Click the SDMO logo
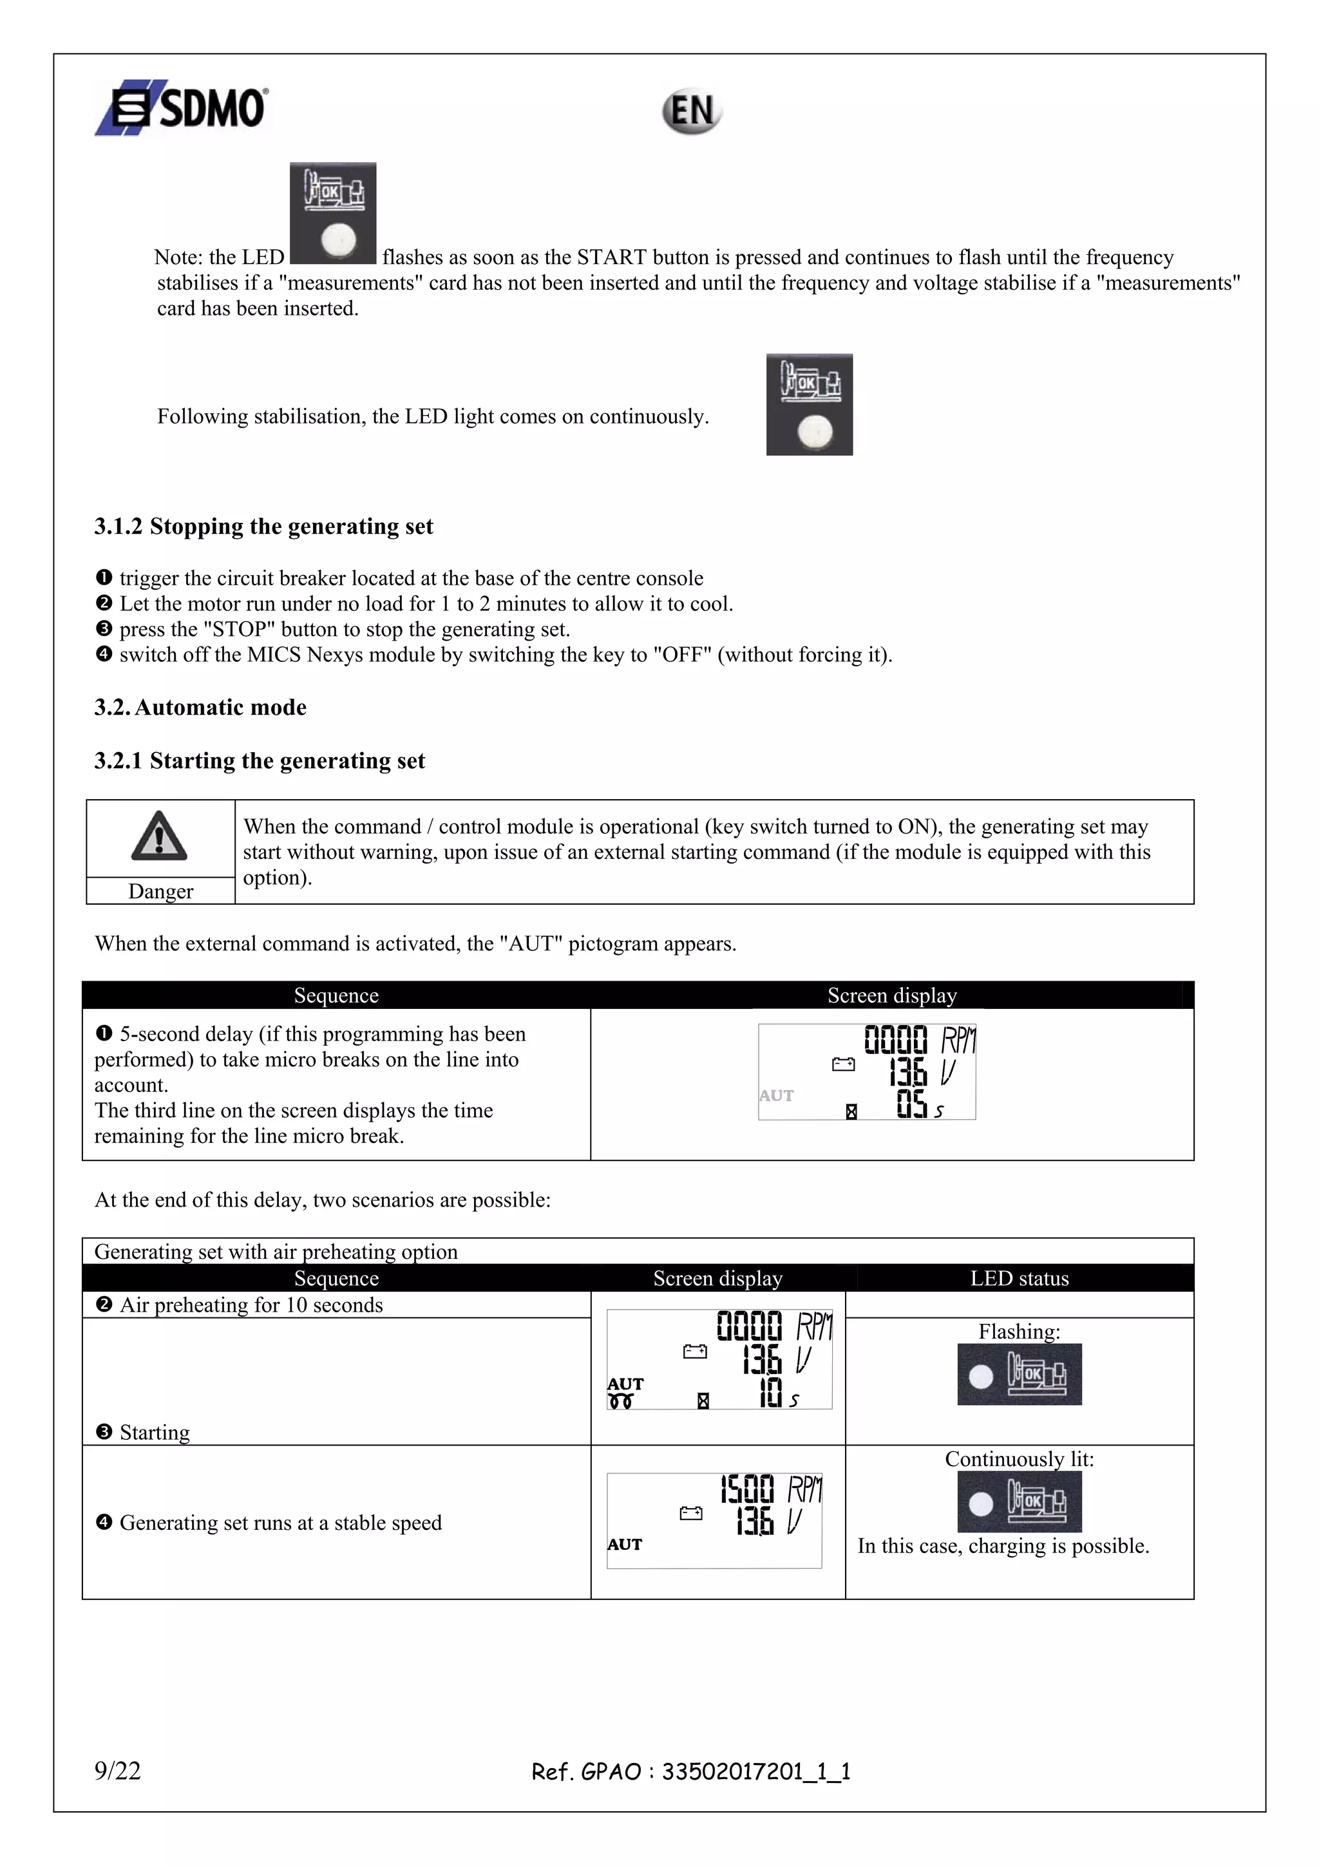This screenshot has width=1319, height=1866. tap(182, 108)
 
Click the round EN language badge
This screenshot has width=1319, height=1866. tap(691, 111)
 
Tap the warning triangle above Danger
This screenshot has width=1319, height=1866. tap(159, 836)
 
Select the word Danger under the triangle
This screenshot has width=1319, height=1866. tap(161, 892)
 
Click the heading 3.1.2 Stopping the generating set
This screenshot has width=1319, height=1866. tap(263, 527)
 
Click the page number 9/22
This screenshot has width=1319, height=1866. tap(118, 1770)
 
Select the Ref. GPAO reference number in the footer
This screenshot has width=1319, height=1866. tap(691, 1771)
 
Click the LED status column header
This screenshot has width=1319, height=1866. tap(1019, 1278)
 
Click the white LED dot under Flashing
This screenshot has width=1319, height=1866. tap(982, 1376)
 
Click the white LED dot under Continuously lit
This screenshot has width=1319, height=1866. tap(982, 1503)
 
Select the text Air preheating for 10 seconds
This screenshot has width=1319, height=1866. tap(251, 1305)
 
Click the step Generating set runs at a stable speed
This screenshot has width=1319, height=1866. tap(280, 1523)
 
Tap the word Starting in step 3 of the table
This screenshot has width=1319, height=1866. tap(155, 1433)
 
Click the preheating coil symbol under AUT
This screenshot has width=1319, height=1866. tap(621, 1402)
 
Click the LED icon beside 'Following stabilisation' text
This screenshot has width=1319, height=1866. tap(810, 405)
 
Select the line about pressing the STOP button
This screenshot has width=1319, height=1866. tap(345, 629)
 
